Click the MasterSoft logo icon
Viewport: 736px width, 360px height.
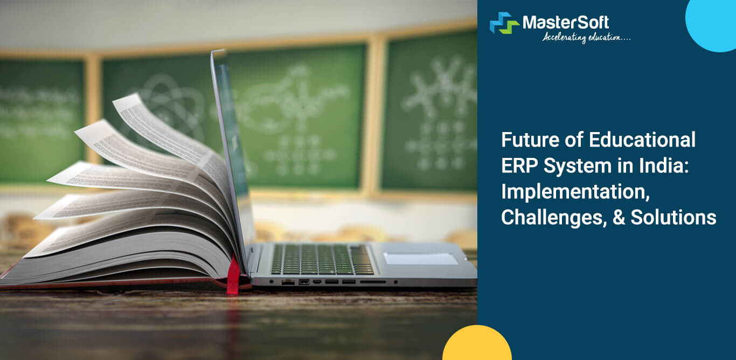(x=504, y=23)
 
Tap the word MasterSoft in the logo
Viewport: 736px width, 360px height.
(x=565, y=22)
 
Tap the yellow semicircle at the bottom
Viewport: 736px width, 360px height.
(x=476, y=345)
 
